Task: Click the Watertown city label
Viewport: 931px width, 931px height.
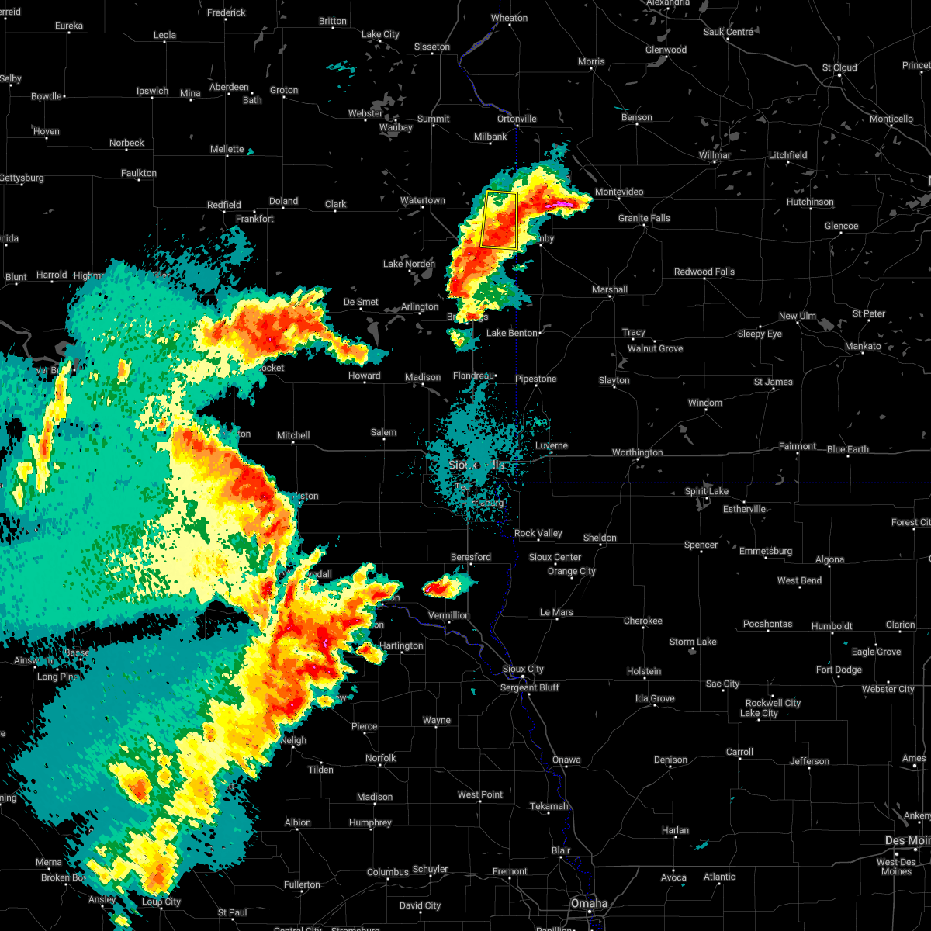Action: tap(422, 201)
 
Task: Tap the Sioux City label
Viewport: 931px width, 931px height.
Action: tap(523, 669)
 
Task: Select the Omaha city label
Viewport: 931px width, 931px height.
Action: tap(590, 903)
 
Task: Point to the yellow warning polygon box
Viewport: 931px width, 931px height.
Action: tap(499, 220)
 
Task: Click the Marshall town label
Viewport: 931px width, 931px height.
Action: tap(610, 289)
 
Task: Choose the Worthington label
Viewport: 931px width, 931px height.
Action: tap(637, 452)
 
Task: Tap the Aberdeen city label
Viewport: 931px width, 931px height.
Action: tap(228, 88)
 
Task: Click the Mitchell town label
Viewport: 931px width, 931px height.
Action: tap(293, 436)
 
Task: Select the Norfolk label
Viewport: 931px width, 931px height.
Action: tap(380, 758)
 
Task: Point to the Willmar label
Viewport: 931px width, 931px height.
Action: tap(715, 155)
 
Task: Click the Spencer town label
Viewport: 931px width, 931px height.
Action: tap(701, 545)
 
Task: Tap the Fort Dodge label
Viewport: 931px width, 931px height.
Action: tap(839, 670)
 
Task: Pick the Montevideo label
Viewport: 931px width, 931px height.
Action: tap(618, 192)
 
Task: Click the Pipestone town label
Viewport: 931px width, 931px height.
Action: tap(535, 379)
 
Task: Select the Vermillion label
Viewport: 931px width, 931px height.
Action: tap(448, 615)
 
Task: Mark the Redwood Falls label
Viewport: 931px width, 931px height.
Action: tap(704, 272)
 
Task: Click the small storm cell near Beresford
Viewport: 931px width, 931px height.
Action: tap(441, 588)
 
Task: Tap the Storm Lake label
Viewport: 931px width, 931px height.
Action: tap(693, 642)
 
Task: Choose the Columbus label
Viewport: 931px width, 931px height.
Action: tap(388, 872)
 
